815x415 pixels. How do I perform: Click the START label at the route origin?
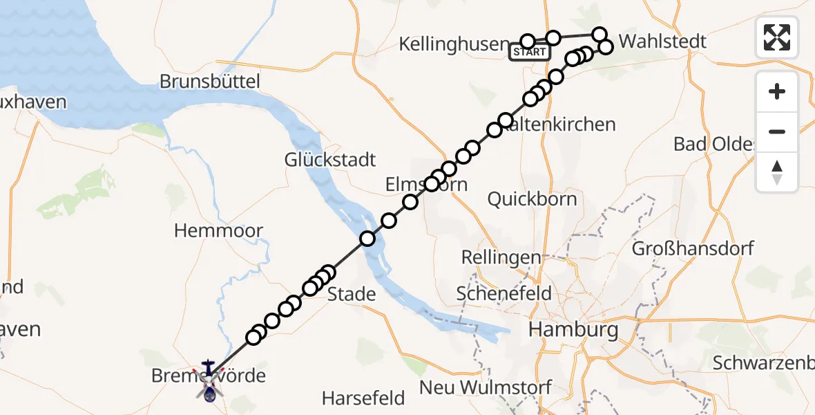point(530,52)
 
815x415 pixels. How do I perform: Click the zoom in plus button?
point(777,91)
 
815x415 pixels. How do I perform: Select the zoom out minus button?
point(777,131)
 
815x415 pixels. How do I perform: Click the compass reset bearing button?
point(777,172)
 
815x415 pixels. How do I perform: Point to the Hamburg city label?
point(573,329)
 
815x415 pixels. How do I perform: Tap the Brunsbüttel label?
point(210,82)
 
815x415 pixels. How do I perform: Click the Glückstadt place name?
point(330,160)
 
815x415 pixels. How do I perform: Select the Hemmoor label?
point(218,230)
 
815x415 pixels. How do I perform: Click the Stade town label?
point(352,294)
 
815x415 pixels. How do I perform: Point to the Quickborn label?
point(532,199)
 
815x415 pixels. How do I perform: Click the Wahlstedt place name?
point(662,41)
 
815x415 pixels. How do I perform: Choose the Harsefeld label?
point(363,398)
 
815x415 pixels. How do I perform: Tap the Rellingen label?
point(501,257)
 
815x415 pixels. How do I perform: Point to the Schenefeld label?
point(504,293)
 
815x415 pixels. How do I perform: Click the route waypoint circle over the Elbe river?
point(367,239)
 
